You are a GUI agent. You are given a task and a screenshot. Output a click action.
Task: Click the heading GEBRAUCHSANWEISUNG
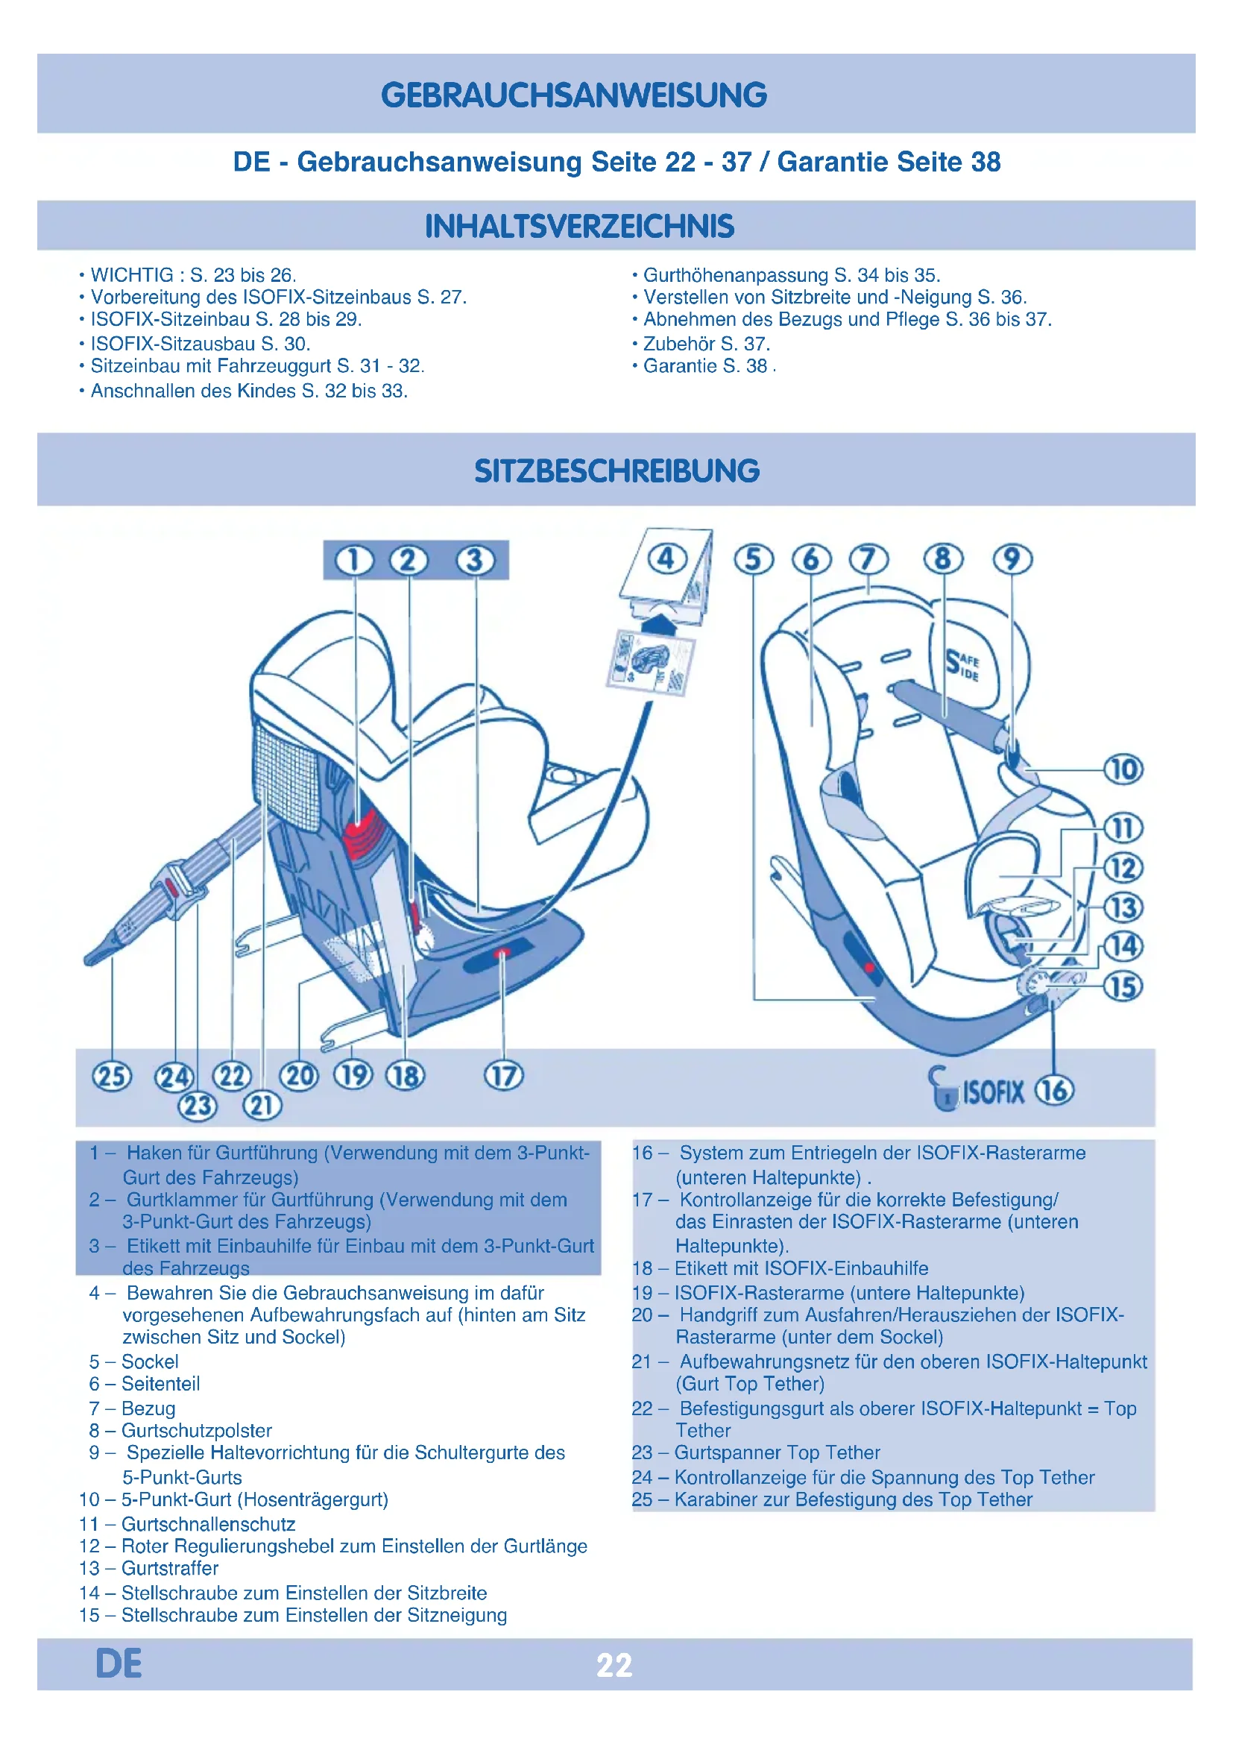click(x=574, y=95)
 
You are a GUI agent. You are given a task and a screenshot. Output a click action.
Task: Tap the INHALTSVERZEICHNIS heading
click(x=579, y=227)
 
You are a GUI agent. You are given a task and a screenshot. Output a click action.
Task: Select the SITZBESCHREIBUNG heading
click(x=616, y=471)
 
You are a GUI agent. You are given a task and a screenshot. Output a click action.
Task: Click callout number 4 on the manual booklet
click(x=666, y=559)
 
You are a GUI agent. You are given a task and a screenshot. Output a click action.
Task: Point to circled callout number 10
click(x=1123, y=769)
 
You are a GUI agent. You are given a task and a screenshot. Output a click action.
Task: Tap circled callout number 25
click(x=112, y=1077)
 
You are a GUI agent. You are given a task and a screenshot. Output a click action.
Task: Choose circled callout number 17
click(x=503, y=1076)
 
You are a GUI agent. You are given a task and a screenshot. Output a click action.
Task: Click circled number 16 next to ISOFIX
click(x=1055, y=1090)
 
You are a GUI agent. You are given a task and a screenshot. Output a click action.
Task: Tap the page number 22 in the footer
click(x=614, y=1665)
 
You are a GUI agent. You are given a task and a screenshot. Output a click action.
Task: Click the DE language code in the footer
click(x=119, y=1663)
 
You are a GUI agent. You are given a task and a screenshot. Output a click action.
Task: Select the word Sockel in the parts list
click(x=151, y=1361)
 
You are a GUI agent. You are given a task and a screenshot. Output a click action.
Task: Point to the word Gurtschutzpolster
click(x=197, y=1430)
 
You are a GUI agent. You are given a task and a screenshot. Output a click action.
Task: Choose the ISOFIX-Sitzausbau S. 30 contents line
click(x=199, y=343)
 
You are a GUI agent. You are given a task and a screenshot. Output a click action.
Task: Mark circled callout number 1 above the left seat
click(x=355, y=561)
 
